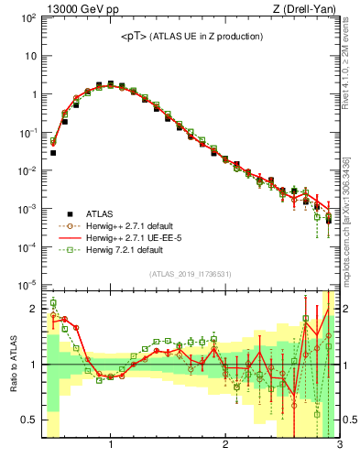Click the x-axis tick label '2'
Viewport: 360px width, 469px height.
coord(224,446)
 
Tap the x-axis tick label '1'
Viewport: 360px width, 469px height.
coord(110,446)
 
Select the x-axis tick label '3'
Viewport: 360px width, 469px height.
coord(339,446)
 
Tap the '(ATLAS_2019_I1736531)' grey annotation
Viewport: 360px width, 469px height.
coord(190,273)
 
